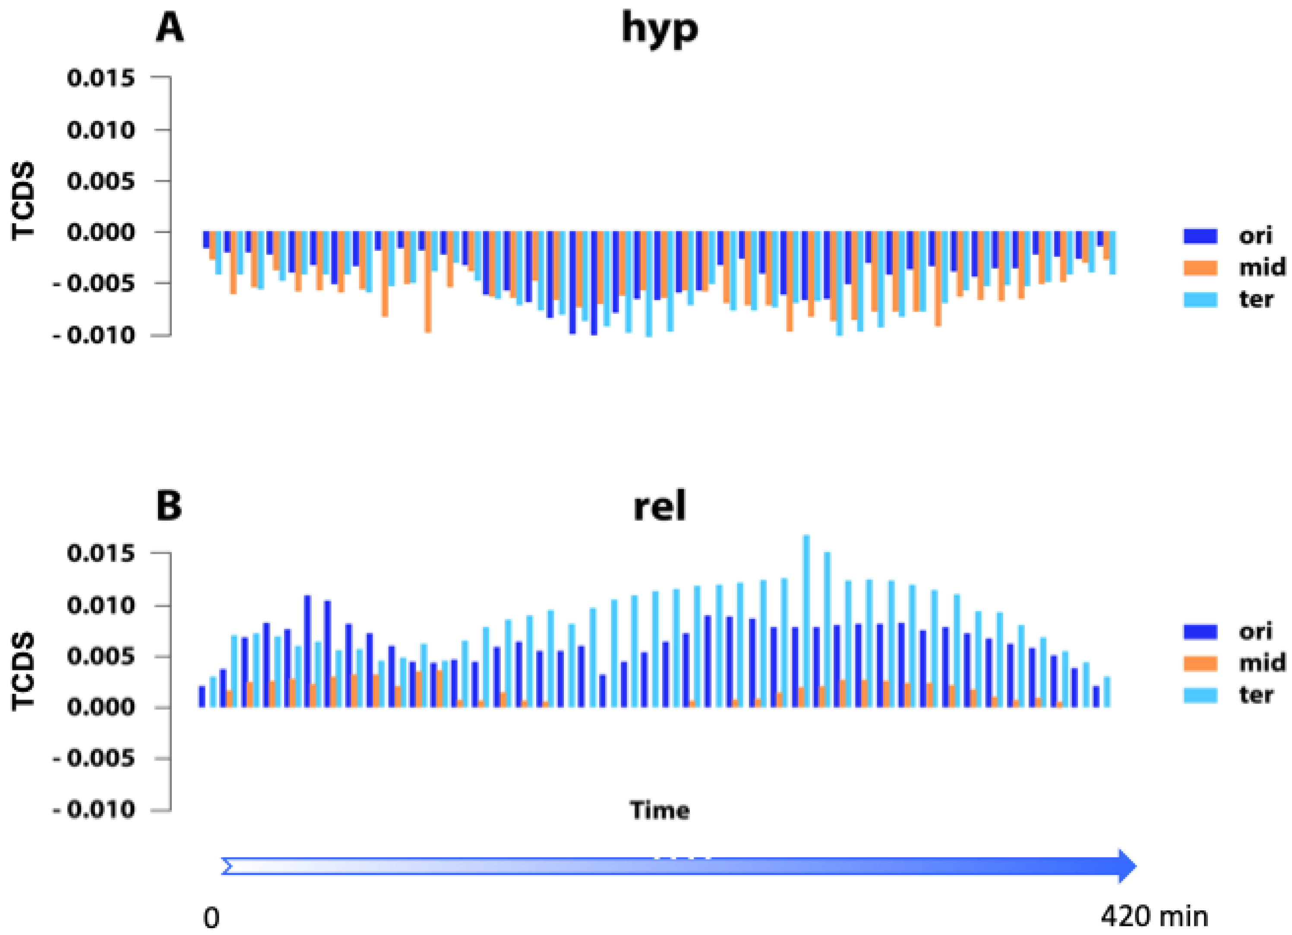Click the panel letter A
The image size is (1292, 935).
[170, 28]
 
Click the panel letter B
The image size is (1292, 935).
[169, 505]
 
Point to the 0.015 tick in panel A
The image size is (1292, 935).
[101, 78]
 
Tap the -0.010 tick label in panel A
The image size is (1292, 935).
[94, 335]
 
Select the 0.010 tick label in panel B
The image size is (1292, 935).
[101, 605]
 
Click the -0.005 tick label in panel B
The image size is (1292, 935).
[94, 758]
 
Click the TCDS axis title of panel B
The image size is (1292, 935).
[24, 671]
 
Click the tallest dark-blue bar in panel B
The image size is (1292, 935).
[308, 651]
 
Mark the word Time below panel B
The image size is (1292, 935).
[659, 810]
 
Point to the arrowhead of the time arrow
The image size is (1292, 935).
[1127, 866]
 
